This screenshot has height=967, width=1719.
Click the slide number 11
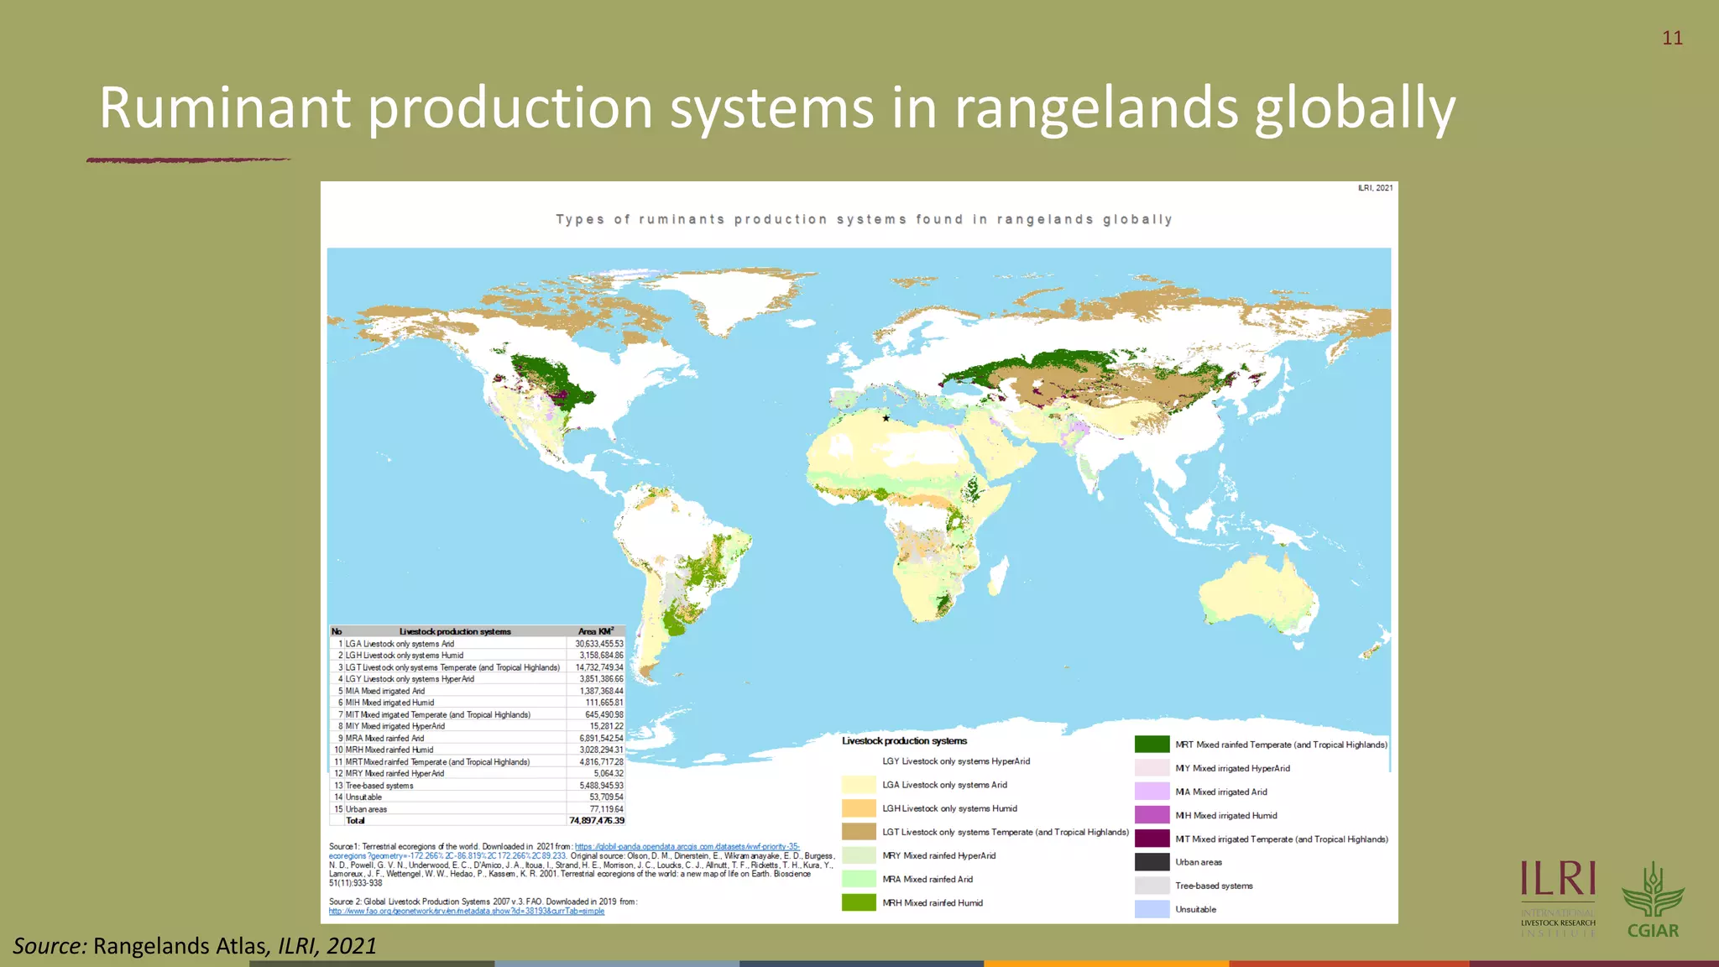pyautogui.click(x=1672, y=38)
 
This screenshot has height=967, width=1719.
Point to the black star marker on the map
pyautogui.click(x=886, y=418)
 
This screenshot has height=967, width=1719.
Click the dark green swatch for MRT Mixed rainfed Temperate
pyautogui.click(x=1152, y=745)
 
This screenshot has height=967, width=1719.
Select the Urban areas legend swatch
pyautogui.click(x=1152, y=862)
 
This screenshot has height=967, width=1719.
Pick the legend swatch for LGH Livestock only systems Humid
pyautogui.click(x=859, y=808)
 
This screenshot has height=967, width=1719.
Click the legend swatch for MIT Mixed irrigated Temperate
pyautogui.click(x=1152, y=839)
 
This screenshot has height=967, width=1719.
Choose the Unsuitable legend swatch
pyautogui.click(x=1152, y=909)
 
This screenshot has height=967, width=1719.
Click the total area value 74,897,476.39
pyautogui.click(x=597, y=821)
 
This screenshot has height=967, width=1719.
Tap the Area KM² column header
pyautogui.click(x=595, y=631)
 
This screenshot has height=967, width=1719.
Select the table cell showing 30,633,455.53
pyautogui.click(x=598, y=644)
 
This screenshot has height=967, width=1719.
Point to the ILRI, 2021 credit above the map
pyautogui.click(x=1375, y=188)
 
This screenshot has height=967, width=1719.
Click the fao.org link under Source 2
pyautogui.click(x=466, y=911)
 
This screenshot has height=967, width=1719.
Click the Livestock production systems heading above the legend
pyautogui.click(x=904, y=741)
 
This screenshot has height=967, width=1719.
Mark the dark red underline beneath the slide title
pyautogui.click(x=188, y=159)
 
